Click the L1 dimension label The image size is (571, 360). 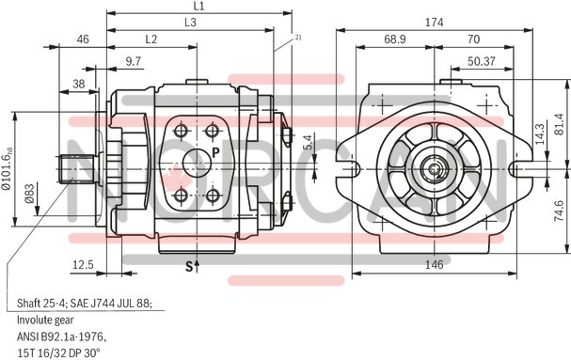click(x=198, y=7)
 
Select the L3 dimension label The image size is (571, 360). click(x=190, y=23)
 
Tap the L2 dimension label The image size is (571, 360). click(x=151, y=39)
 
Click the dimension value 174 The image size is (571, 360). click(x=434, y=22)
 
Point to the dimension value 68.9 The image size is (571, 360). click(x=395, y=39)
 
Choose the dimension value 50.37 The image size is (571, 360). click(x=480, y=61)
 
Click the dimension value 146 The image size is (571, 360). click(x=434, y=265)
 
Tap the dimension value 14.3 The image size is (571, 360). click(x=540, y=133)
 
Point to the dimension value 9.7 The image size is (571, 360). click(x=134, y=61)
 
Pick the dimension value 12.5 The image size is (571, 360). click(x=83, y=265)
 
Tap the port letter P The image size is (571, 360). click(x=214, y=152)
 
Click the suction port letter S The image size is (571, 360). click(x=188, y=267)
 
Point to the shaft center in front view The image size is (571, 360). click(x=436, y=170)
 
